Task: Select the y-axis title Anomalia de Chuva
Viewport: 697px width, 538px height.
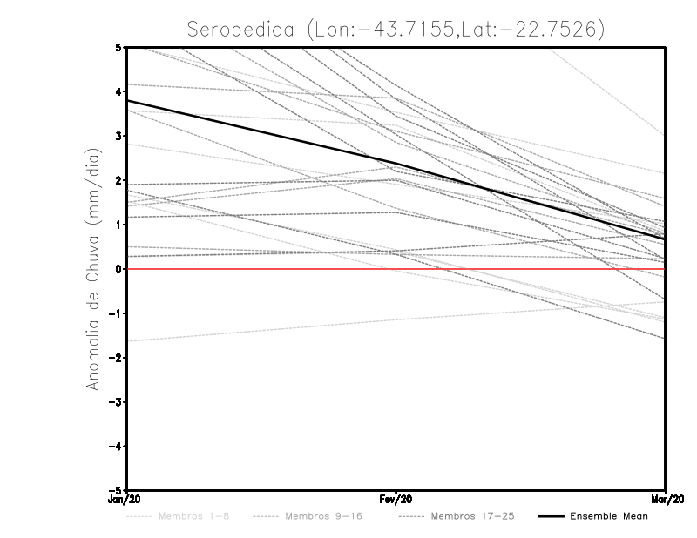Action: coord(91,269)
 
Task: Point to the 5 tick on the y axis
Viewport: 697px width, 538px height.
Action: coord(118,47)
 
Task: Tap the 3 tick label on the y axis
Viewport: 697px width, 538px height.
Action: coord(118,136)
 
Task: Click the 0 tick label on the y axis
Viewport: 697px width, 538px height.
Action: coord(118,269)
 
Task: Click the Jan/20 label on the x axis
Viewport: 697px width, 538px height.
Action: coord(127,500)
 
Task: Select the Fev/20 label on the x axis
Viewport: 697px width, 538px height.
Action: coord(396,500)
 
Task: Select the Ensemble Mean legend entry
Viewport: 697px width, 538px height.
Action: coord(608,516)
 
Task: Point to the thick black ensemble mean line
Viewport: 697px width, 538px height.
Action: coord(261,134)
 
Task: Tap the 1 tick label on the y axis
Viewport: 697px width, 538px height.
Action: coord(118,225)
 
